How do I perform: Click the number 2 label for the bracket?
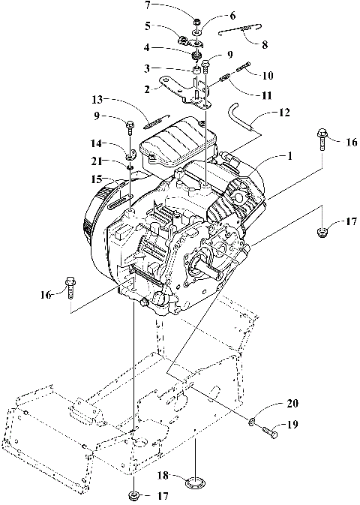tap(150, 88)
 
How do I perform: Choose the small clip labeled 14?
tap(130, 155)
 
